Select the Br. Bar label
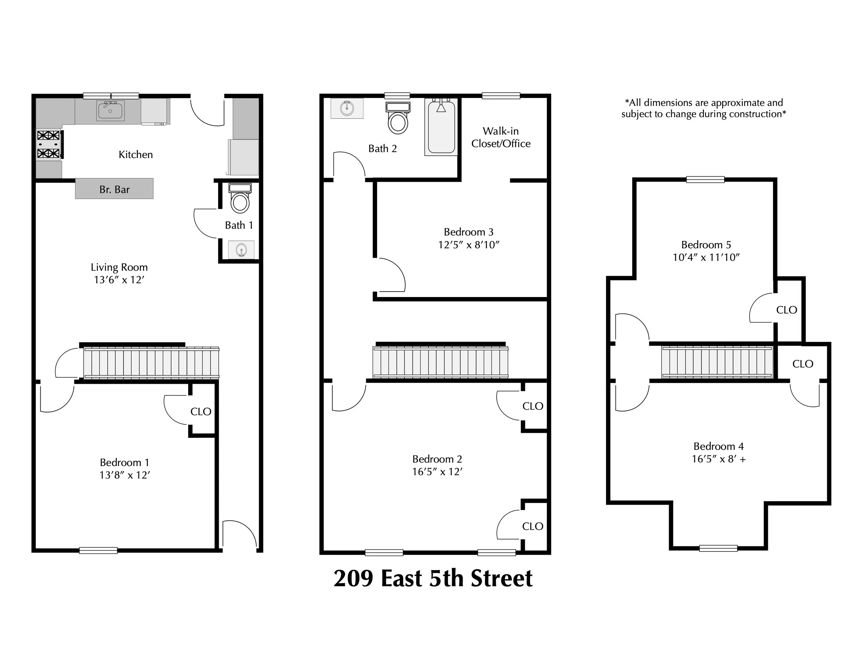tap(114, 190)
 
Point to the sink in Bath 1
tap(241, 250)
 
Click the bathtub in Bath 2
tap(441, 127)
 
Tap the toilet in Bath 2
tap(398, 118)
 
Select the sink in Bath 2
tap(347, 108)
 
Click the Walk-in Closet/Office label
tap(501, 137)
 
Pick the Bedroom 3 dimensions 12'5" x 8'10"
tap(469, 245)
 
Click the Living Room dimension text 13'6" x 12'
tap(119, 280)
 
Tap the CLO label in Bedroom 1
tap(201, 412)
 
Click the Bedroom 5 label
tap(706, 245)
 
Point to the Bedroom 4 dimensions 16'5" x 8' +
tap(719, 459)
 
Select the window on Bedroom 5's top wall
tap(705, 180)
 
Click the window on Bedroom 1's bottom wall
tap(98, 550)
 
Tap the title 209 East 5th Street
tap(433, 578)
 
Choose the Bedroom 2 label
tap(437, 459)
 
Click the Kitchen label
tap(136, 155)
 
